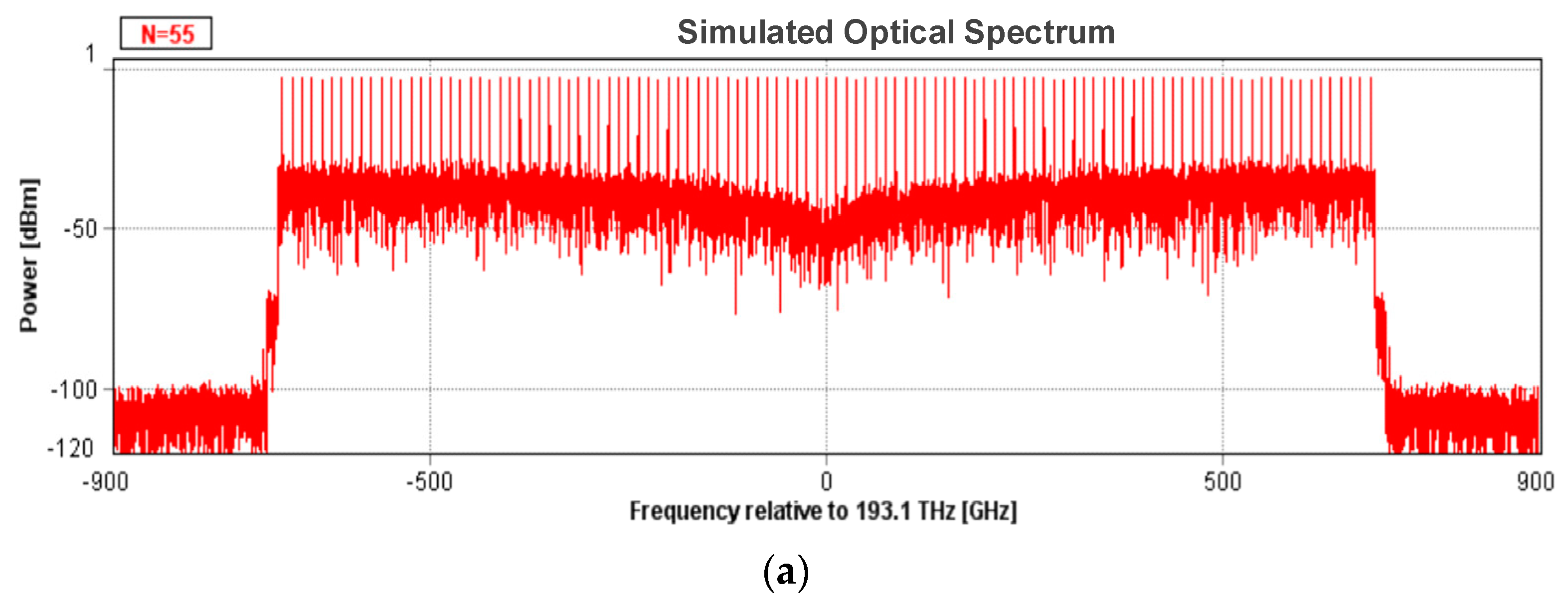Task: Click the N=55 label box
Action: [166, 33]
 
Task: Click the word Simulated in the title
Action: [754, 32]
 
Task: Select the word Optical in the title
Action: [898, 32]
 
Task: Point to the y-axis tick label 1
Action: [90, 54]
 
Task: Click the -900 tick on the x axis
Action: [105, 482]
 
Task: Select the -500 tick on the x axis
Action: [429, 482]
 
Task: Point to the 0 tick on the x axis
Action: [826, 482]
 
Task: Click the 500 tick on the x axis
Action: [1222, 482]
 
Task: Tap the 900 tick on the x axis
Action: [1535, 482]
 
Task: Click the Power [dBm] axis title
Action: [28, 255]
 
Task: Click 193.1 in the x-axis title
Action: [882, 511]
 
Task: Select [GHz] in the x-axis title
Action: [989, 511]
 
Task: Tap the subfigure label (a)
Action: [785, 572]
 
